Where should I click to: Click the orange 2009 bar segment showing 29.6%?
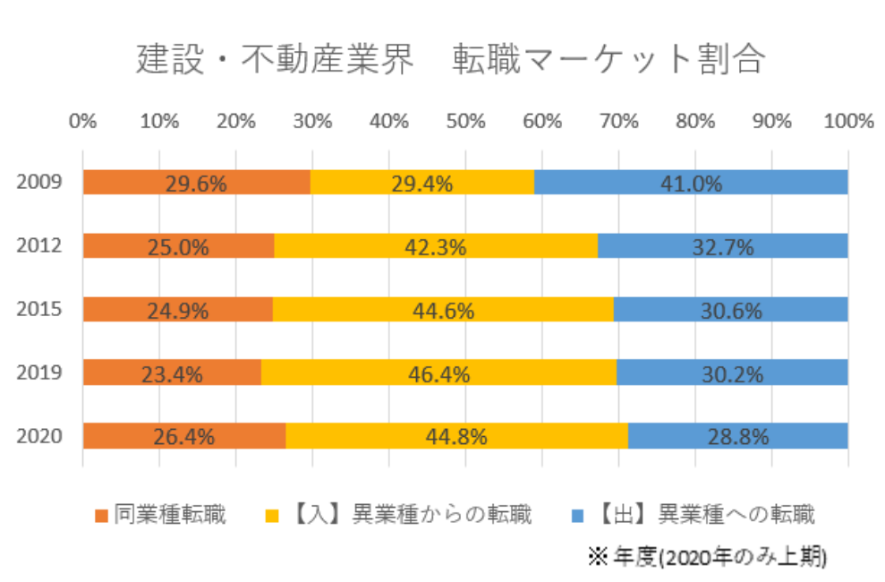pyautogui.click(x=197, y=182)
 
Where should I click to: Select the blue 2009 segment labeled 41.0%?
pyautogui.click(x=691, y=182)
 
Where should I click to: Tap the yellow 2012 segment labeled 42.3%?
pyautogui.click(x=435, y=245)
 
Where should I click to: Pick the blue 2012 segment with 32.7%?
pyautogui.click(x=722, y=245)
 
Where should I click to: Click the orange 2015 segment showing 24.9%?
pyautogui.click(x=177, y=309)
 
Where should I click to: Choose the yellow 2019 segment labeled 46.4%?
pyautogui.click(x=438, y=372)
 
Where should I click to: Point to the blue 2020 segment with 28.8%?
pyautogui.click(x=737, y=436)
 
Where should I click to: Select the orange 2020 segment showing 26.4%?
pyautogui.click(x=184, y=436)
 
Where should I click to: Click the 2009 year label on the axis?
pyautogui.click(x=40, y=183)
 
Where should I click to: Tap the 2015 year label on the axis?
pyautogui.click(x=40, y=310)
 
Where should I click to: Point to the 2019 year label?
pyautogui.click(x=40, y=373)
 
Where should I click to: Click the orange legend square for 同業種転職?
pyautogui.click(x=100, y=516)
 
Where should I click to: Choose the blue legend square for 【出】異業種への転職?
pyautogui.click(x=578, y=516)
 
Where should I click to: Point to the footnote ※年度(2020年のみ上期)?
pyautogui.click(x=706, y=556)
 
